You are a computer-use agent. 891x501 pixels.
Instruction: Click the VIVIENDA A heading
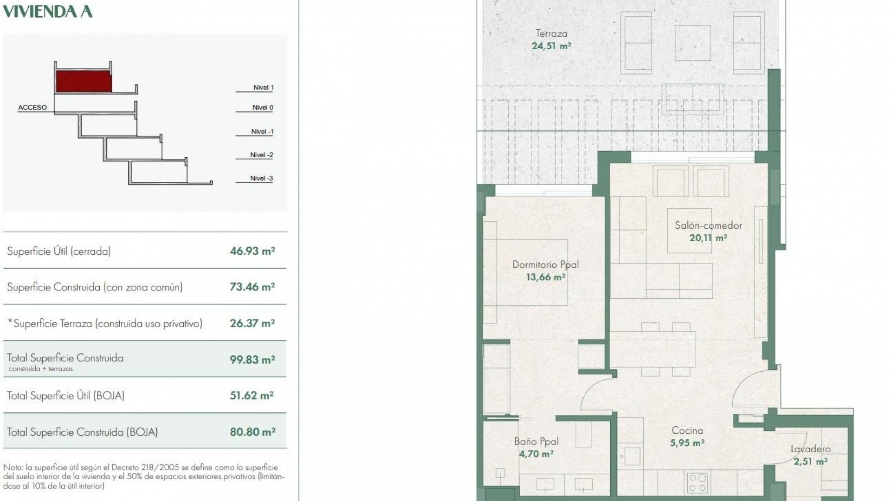coord(47,11)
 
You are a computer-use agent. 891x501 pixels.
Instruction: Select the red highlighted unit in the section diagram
coord(84,81)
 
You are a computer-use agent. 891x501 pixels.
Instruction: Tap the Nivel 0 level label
coord(263,108)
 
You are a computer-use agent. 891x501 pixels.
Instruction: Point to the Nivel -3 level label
coord(261,179)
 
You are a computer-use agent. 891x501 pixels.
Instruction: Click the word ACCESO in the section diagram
coord(32,108)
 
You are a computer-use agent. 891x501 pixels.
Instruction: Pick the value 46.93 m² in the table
coord(252,251)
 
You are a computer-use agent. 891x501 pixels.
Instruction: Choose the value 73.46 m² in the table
coord(252,287)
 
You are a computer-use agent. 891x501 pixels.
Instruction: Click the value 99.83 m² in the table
coord(252,360)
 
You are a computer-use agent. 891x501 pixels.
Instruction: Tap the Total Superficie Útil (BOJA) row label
coord(65,396)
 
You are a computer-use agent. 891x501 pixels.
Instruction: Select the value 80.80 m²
coord(252,432)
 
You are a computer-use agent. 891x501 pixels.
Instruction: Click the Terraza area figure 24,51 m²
coord(551,46)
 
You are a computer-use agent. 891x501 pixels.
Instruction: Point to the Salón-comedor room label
coord(708,225)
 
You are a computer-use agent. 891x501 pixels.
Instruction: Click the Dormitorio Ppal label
coord(545,264)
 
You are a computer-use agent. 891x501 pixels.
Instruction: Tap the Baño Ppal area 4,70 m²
coord(536,454)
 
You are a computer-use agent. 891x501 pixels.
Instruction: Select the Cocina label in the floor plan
coord(687,430)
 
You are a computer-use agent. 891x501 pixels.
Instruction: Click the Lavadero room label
coord(810,449)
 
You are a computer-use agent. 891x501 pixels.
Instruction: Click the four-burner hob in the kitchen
coord(697,482)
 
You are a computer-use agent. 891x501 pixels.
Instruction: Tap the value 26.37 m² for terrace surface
coord(252,323)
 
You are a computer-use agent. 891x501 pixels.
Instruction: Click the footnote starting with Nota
coord(144,476)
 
